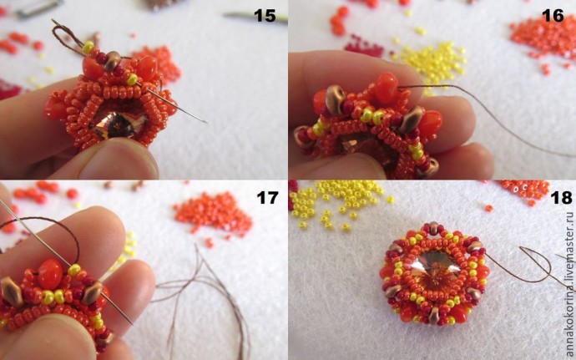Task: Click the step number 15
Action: point(265,16)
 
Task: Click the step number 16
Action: point(553,16)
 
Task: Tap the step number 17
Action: point(267,197)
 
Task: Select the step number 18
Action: point(561,197)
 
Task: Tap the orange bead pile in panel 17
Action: point(213,213)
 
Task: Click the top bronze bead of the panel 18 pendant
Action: point(434,228)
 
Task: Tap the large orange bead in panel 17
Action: point(50,274)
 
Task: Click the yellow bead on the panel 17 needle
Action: point(74,270)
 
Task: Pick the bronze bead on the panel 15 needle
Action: point(112,61)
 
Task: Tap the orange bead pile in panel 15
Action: point(158,63)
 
